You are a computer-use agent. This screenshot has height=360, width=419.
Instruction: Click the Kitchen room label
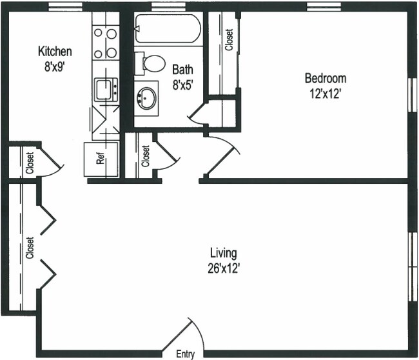point(55,52)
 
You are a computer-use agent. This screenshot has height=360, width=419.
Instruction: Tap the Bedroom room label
point(325,79)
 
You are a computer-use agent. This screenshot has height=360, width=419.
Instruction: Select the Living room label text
point(224,252)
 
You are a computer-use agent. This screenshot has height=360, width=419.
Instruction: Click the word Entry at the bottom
point(185,354)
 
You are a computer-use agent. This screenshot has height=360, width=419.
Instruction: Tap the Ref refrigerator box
point(101,158)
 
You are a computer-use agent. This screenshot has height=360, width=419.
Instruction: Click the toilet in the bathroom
point(152,63)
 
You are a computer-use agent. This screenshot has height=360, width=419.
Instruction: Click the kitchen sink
point(104,89)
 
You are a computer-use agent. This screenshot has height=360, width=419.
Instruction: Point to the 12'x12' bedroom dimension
point(325,92)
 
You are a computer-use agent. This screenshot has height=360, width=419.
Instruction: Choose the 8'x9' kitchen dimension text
point(55,65)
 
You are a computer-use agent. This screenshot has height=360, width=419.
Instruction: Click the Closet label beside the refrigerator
point(146,156)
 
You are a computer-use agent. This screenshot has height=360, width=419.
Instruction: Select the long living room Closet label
point(30,247)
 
